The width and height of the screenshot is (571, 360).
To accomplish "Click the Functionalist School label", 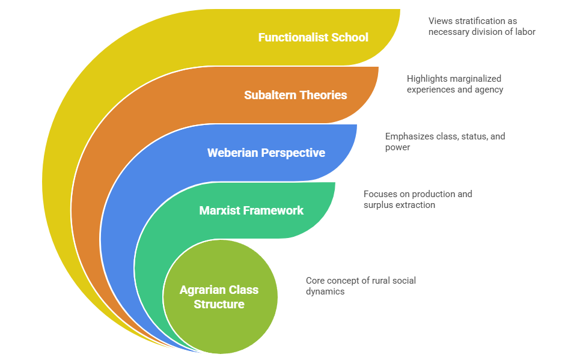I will (313, 37).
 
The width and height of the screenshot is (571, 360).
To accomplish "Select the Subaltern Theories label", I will (295, 95).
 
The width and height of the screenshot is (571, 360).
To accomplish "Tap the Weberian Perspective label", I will (266, 153).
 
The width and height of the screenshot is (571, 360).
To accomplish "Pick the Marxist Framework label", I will (251, 210).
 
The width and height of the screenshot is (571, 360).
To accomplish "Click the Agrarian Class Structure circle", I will (219, 297).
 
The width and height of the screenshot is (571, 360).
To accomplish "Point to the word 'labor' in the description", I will (524, 32).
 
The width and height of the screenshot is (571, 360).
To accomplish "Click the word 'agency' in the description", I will (489, 90).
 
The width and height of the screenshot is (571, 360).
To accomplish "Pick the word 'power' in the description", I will (398, 147).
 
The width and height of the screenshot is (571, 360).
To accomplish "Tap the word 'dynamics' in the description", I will (325, 291).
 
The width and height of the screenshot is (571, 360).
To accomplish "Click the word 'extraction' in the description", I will (417, 205).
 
